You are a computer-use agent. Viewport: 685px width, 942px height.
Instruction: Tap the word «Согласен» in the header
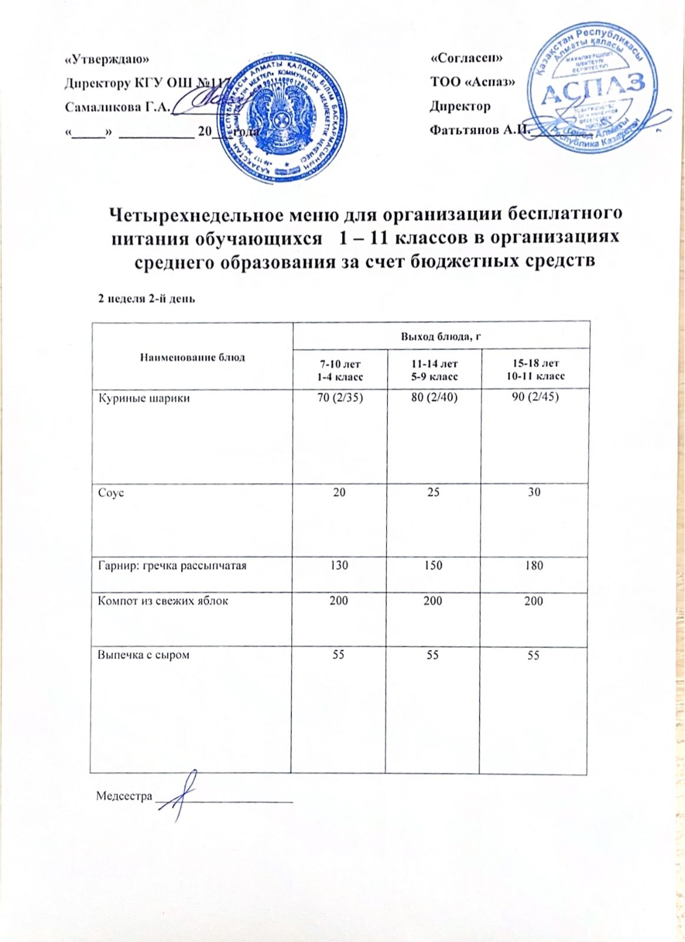[466, 58]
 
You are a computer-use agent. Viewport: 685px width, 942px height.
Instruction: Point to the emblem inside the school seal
[283, 115]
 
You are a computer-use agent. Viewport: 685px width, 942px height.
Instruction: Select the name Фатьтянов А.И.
[481, 130]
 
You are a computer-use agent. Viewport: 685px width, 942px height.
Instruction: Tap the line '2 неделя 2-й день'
[146, 298]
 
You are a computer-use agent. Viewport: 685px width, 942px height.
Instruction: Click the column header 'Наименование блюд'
[192, 357]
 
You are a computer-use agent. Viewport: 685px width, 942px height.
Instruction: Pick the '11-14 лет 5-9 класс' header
[434, 370]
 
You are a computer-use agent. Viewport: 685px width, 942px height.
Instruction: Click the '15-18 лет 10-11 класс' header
[535, 370]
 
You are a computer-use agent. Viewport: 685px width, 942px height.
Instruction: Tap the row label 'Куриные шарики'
[143, 398]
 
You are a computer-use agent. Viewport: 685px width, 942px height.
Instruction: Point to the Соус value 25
[433, 492]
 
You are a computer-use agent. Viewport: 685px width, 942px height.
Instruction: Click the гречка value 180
[534, 565]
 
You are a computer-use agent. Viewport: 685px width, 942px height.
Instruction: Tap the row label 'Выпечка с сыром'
[143, 654]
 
